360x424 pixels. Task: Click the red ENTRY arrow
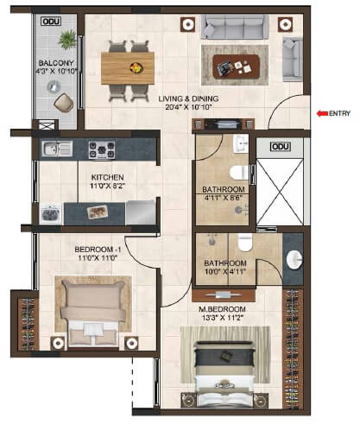(x=321, y=112)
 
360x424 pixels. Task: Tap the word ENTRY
(x=341, y=112)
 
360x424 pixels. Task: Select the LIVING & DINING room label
(x=187, y=99)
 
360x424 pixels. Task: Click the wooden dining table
(x=131, y=66)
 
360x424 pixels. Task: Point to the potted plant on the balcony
(x=67, y=39)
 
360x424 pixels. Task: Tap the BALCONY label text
(x=54, y=63)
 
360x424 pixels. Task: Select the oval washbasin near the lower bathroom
(x=294, y=258)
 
